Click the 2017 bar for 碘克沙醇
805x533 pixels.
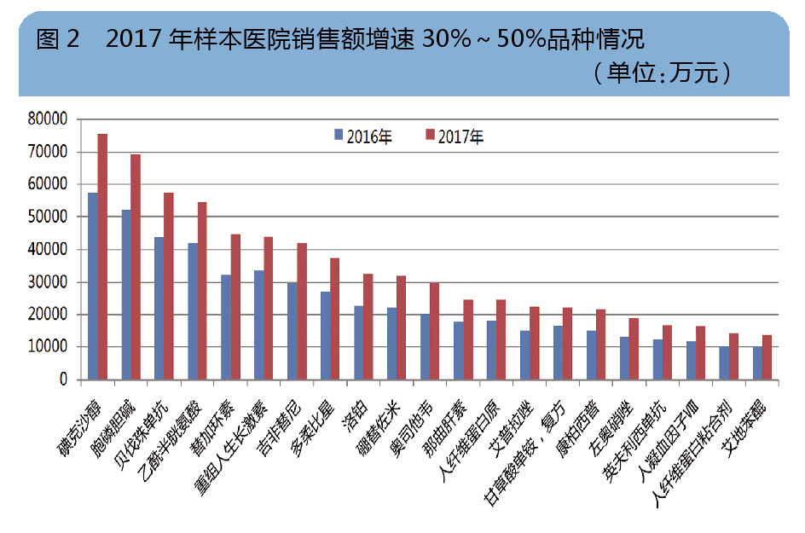coord(102,257)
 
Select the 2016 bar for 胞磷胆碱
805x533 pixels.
coord(126,294)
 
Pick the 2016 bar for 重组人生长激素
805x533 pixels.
coord(259,325)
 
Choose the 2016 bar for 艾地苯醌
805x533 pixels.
coord(757,363)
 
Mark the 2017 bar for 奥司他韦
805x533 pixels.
coord(435,331)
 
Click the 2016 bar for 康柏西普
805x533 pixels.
coord(591,355)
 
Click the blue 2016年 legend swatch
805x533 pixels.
coord(339,135)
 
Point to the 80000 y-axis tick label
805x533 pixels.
coord(47,119)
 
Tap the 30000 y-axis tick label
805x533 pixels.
coord(47,282)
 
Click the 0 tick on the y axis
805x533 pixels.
coord(61,380)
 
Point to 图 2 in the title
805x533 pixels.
coord(58,39)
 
